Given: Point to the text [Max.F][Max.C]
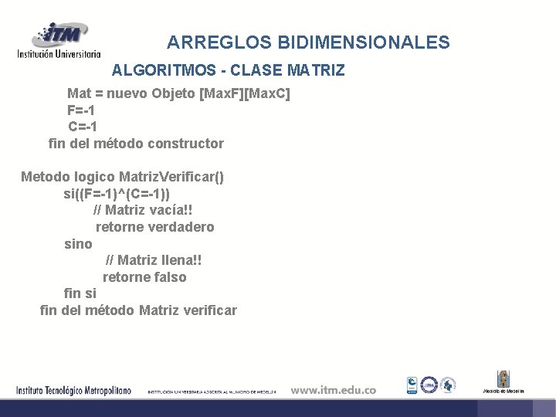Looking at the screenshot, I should click(245, 94).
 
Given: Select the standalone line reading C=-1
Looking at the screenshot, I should click(83, 127).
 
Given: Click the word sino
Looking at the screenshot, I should click(78, 244).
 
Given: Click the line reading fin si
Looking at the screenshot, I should click(80, 294).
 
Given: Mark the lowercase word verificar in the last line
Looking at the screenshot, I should click(209, 310).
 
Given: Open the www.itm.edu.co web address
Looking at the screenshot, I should click(334, 390).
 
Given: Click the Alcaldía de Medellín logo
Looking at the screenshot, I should click(503, 382).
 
